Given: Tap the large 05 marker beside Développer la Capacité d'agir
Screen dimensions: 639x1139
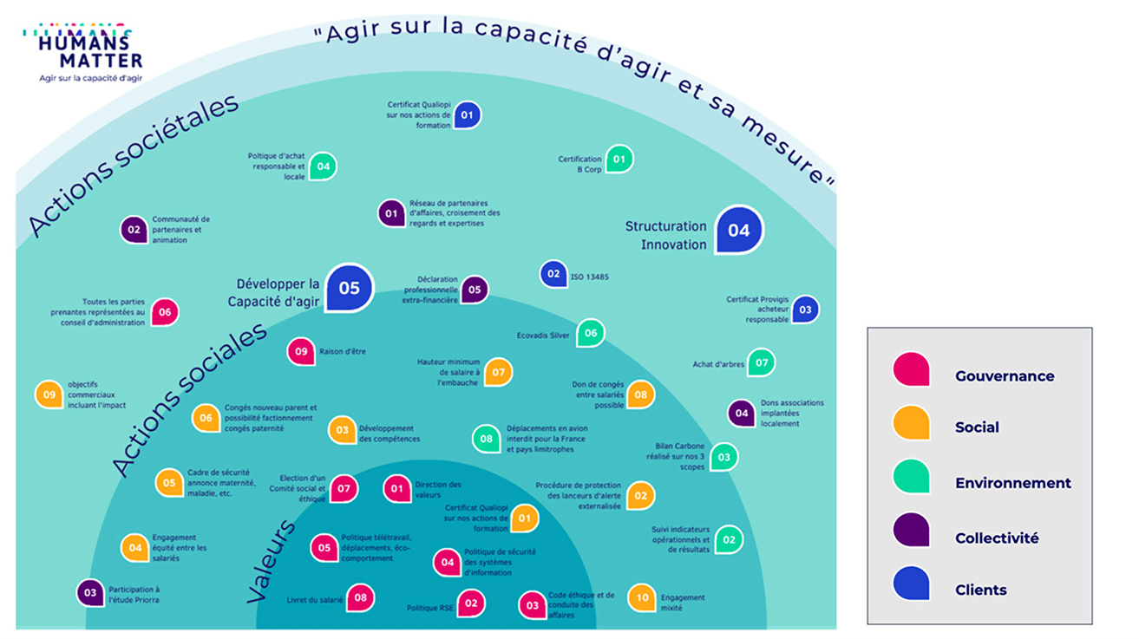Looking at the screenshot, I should pyautogui.click(x=350, y=288).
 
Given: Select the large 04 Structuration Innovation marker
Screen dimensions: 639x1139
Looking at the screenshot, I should pyautogui.click(x=739, y=230).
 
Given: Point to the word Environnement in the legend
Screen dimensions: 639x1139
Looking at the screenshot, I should pyautogui.click(x=1012, y=483).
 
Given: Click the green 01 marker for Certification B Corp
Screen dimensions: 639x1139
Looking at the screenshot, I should pyautogui.click(x=619, y=159).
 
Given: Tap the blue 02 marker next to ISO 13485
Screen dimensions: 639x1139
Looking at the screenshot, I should pyautogui.click(x=553, y=274).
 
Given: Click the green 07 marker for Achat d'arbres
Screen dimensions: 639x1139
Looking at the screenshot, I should pyautogui.click(x=761, y=362).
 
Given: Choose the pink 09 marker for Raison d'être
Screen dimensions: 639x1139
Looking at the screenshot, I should pyautogui.click(x=301, y=352).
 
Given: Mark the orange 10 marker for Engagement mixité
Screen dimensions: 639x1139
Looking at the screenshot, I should pyautogui.click(x=642, y=597).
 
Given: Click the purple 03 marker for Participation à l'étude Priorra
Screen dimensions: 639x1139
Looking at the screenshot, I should pyautogui.click(x=89, y=592).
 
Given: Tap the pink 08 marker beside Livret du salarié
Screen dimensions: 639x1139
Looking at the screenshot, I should pyautogui.click(x=360, y=597).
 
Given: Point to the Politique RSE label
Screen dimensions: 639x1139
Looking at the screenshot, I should pyautogui.click(x=430, y=608).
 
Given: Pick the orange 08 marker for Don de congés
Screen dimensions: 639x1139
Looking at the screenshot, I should pyautogui.click(x=640, y=394).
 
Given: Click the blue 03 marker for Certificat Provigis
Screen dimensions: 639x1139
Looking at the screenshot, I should pyautogui.click(x=805, y=310).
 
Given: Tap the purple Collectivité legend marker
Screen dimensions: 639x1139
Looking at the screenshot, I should pyautogui.click(x=911, y=530).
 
